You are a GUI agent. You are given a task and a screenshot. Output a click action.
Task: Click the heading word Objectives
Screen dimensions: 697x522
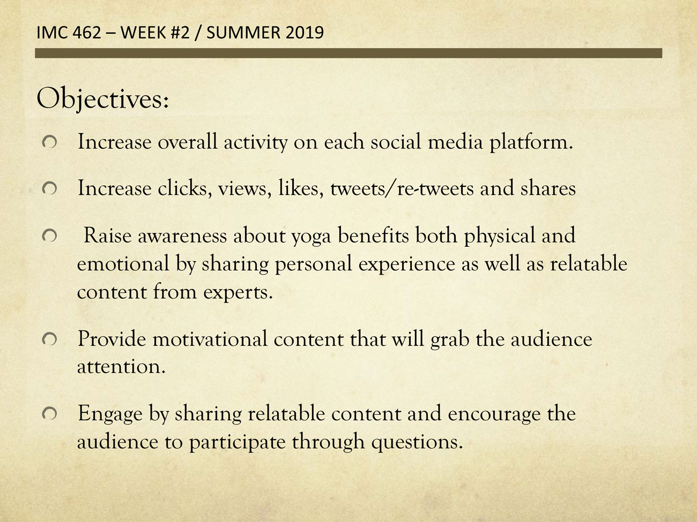pyautogui.click(x=102, y=99)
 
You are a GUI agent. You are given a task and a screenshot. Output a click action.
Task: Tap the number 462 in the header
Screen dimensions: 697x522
pyautogui.click(x=86, y=33)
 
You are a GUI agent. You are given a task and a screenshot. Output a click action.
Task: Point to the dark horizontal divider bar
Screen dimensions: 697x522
pyautogui.click(x=349, y=53)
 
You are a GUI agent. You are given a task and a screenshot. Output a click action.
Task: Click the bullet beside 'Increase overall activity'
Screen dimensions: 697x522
pyautogui.click(x=49, y=142)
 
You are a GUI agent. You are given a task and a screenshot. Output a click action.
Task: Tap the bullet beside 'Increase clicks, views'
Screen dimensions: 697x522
pyautogui.click(x=49, y=189)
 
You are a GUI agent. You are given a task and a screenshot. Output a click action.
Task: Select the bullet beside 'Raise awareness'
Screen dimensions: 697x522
pyautogui.click(x=49, y=236)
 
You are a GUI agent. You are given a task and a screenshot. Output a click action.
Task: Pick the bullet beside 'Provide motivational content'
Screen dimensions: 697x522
pyautogui.click(x=49, y=339)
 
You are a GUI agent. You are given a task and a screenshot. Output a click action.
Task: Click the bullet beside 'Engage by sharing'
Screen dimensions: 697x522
pyautogui.click(x=49, y=414)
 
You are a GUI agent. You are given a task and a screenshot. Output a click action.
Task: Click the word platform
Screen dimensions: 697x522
pyautogui.click(x=531, y=142)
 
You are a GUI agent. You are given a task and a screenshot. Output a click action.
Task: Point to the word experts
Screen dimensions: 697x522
pyautogui.click(x=238, y=292)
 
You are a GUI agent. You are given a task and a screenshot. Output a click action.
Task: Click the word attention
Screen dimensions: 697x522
pyautogui.click(x=121, y=367)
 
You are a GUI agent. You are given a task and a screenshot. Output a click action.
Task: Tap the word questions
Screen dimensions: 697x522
pyautogui.click(x=417, y=442)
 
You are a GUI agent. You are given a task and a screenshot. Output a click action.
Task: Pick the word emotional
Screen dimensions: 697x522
pyautogui.click(x=123, y=263)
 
